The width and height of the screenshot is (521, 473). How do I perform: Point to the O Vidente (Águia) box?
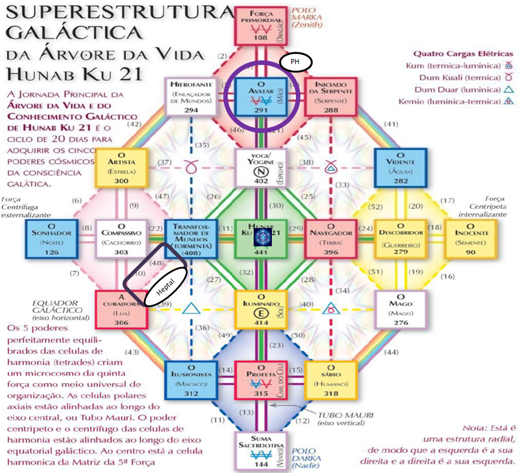(401, 168)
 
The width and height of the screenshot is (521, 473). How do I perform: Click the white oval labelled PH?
(296, 62)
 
